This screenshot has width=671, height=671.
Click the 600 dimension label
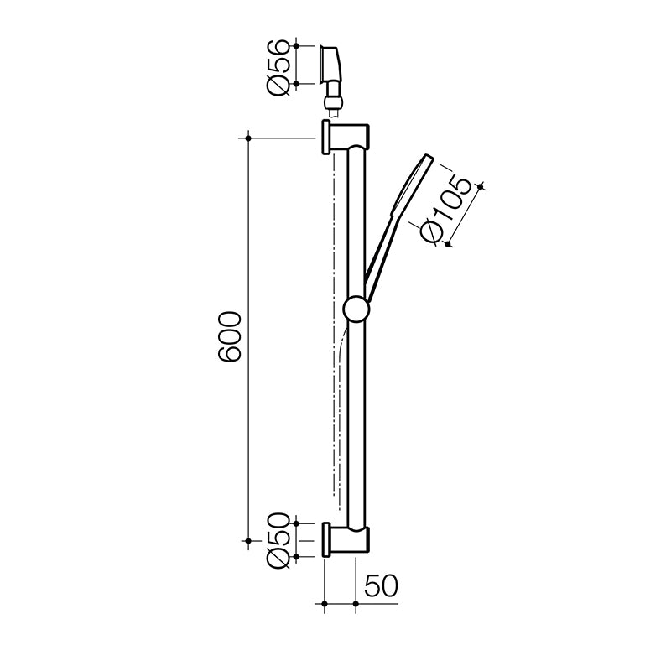(x=230, y=337)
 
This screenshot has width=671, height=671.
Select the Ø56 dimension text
(x=278, y=64)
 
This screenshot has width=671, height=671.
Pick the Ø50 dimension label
(x=278, y=540)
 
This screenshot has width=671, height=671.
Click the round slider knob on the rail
(x=356, y=309)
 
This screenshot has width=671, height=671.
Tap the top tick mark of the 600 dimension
(x=249, y=137)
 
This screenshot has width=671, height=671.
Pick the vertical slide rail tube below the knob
(x=356, y=419)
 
